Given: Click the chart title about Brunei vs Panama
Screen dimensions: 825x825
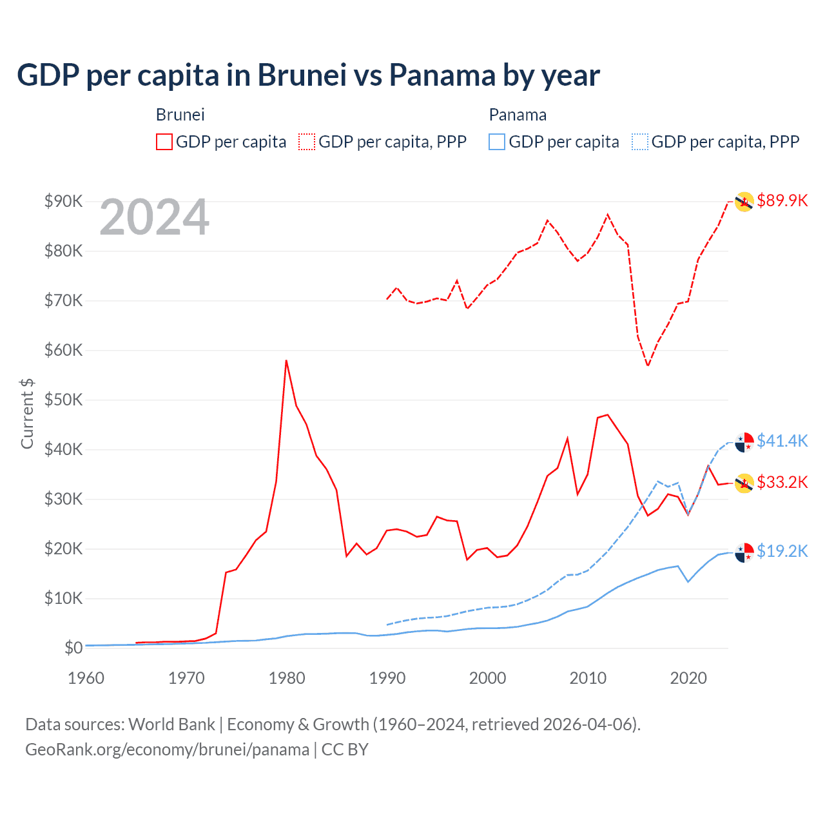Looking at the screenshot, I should tap(308, 75).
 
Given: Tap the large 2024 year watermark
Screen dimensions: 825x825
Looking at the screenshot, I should tap(154, 218).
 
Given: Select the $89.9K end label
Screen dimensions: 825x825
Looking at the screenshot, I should tap(782, 200).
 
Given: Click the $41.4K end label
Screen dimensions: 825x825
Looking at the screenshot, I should tap(782, 441).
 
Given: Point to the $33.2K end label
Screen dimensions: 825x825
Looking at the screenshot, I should tap(782, 482).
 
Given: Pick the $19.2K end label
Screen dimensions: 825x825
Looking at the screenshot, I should tap(782, 551).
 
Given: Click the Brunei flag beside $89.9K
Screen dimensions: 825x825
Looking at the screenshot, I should tap(744, 202).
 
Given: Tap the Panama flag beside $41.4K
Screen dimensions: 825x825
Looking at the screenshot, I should tap(744, 442).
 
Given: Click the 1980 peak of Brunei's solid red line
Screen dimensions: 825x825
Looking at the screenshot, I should tap(286, 361).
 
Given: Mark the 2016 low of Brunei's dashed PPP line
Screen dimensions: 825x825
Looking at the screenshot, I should tap(648, 365).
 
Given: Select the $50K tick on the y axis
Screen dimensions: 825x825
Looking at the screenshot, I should tap(63, 400).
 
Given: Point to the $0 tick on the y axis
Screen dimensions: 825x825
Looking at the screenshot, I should tap(73, 648).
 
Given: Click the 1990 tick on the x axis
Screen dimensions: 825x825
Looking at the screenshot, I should tap(387, 678).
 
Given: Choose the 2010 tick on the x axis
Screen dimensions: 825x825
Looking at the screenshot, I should tap(588, 678).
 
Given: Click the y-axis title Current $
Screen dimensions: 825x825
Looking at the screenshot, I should tap(27, 413).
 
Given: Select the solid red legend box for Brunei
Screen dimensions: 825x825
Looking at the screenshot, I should tap(164, 142).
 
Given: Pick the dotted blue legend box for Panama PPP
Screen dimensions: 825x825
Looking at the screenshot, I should tap(640, 142).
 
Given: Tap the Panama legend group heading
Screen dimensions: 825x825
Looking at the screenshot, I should tap(518, 115).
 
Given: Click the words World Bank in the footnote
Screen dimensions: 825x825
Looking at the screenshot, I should tap(171, 724).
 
